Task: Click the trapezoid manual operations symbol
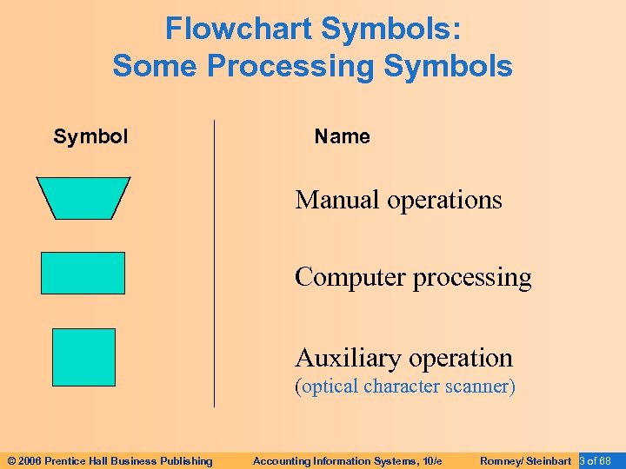tap(83, 197)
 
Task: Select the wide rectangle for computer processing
tap(83, 273)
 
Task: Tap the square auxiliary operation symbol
tap(83, 356)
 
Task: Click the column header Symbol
tap(90, 136)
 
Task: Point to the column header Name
tap(342, 136)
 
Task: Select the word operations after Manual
tap(444, 200)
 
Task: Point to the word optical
tap(330, 386)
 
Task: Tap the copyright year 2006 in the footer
tap(29, 461)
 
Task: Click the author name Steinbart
tap(549, 461)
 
